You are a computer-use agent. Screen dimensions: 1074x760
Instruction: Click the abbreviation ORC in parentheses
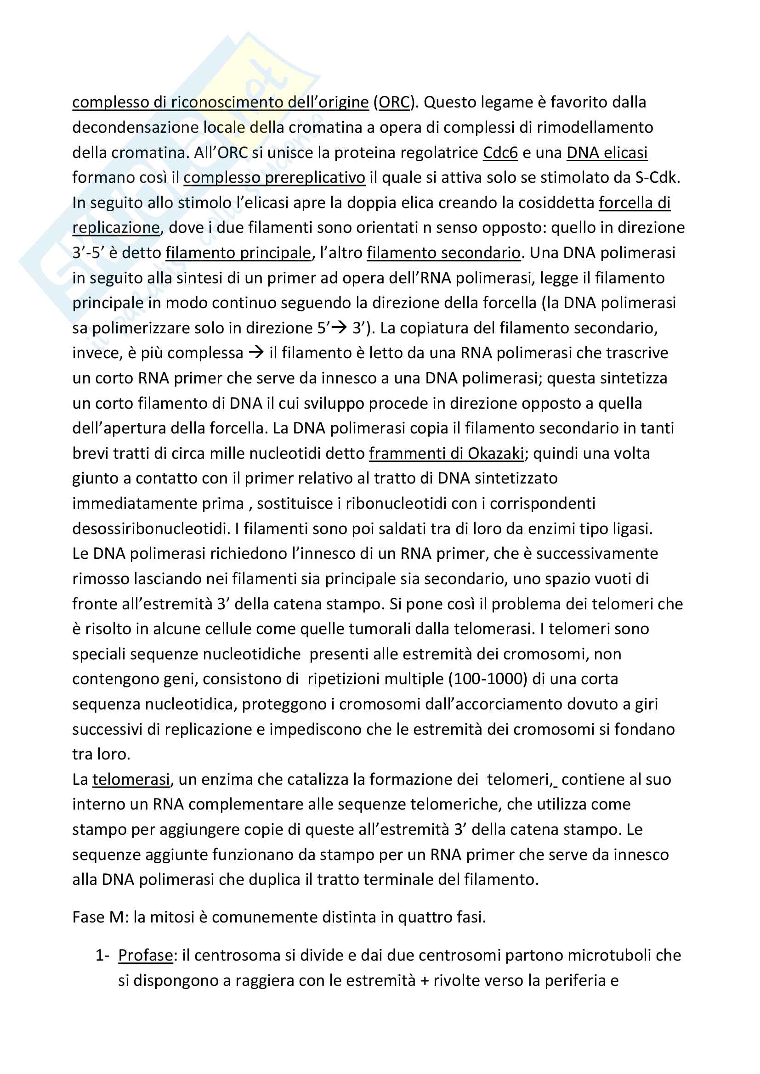pyautogui.click(x=394, y=102)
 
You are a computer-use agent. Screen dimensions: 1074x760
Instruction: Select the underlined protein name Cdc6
pyautogui.click(x=500, y=153)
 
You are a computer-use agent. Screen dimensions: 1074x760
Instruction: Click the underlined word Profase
pyautogui.click(x=146, y=955)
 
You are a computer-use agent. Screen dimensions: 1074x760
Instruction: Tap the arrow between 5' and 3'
pyautogui.click(x=339, y=328)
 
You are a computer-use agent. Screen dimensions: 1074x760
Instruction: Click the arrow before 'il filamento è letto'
pyautogui.click(x=256, y=353)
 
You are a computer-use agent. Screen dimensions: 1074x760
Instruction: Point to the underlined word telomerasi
pyautogui.click(x=131, y=780)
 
